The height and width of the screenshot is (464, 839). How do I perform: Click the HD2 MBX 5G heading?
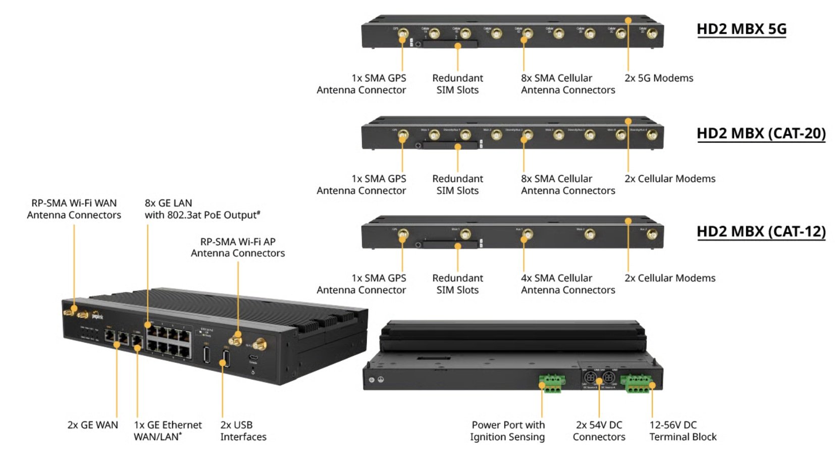point(741,29)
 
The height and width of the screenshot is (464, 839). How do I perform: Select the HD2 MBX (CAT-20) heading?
point(761,133)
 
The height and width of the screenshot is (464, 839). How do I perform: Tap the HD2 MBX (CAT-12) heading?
point(761,231)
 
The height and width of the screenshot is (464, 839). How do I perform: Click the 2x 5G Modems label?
point(658,78)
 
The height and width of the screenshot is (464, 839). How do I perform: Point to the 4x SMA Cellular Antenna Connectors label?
point(567,284)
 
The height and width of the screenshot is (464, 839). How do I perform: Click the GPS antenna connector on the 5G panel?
point(403,35)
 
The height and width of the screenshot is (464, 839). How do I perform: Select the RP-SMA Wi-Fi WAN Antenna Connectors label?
point(74,209)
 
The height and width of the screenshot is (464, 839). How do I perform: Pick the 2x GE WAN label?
point(92,425)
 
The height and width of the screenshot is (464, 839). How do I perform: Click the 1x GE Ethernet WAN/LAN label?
point(167,431)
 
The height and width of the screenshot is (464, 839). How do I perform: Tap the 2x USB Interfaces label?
point(243,431)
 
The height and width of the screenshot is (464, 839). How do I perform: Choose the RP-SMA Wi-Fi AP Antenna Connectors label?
point(237,247)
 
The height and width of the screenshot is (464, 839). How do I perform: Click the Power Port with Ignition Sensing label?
point(507,431)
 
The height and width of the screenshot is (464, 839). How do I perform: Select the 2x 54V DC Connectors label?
point(599,431)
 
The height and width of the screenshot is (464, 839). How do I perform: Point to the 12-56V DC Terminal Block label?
point(683,431)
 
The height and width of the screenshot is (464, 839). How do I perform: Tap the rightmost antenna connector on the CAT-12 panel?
point(652,235)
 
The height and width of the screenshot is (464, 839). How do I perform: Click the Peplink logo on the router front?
point(97,316)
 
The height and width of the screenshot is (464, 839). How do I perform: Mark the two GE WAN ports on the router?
point(117,336)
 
